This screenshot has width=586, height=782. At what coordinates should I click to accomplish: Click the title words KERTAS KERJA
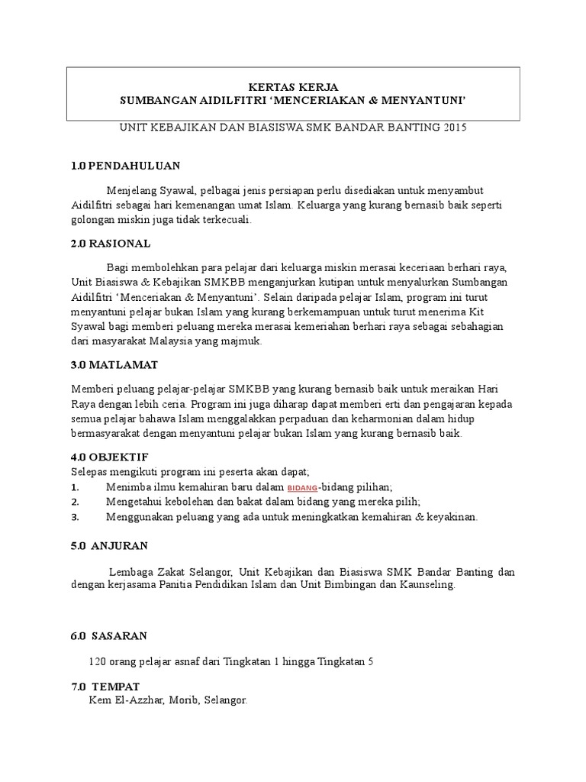[x=294, y=87]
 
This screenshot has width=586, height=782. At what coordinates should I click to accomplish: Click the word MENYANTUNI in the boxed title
[x=424, y=100]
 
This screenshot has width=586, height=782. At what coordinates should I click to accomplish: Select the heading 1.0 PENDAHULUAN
[x=125, y=166]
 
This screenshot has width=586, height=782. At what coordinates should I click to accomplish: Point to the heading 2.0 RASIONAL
[x=111, y=244]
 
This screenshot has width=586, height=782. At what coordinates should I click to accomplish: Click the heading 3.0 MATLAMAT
[x=114, y=366]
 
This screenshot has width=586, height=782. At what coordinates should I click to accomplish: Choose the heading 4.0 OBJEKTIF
[x=109, y=457]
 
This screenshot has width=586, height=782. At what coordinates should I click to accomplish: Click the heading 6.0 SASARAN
[x=109, y=635]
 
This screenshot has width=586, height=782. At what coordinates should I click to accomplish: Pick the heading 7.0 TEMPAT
[x=105, y=687]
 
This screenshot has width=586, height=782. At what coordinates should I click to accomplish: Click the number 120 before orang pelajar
[x=98, y=661]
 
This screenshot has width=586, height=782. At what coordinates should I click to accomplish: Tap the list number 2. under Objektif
[x=75, y=502]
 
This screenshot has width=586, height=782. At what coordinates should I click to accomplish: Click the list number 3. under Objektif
[x=75, y=517]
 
